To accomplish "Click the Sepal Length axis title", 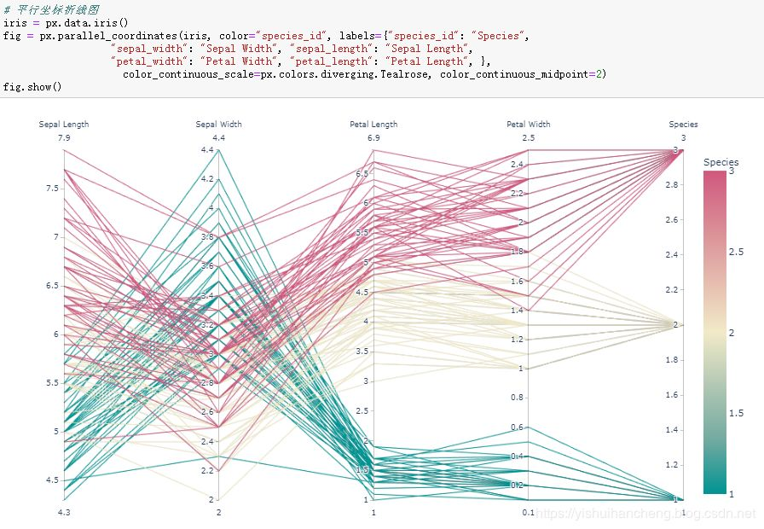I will [x=64, y=125].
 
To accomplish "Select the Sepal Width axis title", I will [x=218, y=125].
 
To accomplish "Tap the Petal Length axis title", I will [x=373, y=125].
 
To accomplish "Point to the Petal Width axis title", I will [x=528, y=125].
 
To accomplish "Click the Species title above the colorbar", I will [x=721, y=162].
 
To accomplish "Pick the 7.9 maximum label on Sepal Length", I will [x=64, y=138].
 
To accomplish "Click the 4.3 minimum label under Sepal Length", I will [x=64, y=511].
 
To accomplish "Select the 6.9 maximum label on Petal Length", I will [x=373, y=138].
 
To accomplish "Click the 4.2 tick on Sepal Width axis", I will [x=207, y=179].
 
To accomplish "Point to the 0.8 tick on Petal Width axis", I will [x=517, y=398].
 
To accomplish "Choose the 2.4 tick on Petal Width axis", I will [x=517, y=165].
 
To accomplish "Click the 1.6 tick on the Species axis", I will [x=672, y=395].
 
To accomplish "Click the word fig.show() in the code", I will [x=32, y=87].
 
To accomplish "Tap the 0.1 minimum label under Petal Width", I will [x=528, y=511].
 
